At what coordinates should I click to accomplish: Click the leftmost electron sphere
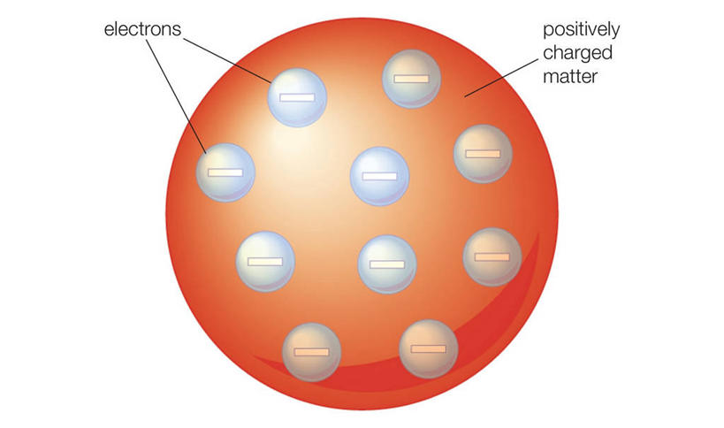(225, 171)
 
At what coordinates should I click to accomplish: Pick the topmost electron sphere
(411, 79)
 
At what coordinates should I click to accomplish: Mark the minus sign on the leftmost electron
(225, 172)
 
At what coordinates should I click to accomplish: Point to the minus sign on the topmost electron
(411, 79)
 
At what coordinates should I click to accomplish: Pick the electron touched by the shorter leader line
(297, 96)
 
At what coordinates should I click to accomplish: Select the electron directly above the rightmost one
(483, 154)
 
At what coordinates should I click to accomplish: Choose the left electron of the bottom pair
(311, 351)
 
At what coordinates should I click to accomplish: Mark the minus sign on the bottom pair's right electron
(428, 348)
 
